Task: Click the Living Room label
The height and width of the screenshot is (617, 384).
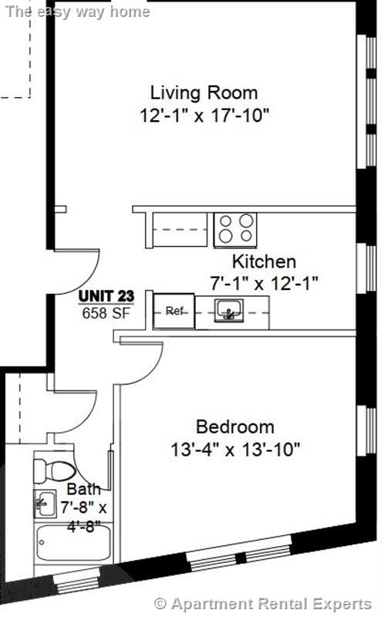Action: (x=204, y=93)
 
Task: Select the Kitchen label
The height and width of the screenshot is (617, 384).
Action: (x=264, y=261)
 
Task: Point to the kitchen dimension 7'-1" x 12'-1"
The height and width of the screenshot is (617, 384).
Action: (x=264, y=282)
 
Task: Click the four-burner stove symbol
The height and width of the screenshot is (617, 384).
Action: (x=234, y=228)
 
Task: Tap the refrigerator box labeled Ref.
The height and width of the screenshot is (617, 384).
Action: (x=173, y=312)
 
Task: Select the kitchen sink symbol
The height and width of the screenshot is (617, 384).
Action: (x=227, y=312)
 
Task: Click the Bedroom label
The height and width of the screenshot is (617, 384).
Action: (x=234, y=427)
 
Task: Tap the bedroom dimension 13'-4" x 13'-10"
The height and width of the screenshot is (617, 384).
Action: (x=234, y=448)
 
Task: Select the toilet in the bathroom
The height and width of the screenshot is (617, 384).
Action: (x=53, y=469)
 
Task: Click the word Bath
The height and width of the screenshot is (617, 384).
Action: (x=83, y=489)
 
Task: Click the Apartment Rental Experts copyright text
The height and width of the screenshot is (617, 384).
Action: (x=263, y=602)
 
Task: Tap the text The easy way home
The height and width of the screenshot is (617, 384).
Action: (x=78, y=11)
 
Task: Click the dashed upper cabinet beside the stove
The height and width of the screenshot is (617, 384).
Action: (x=181, y=228)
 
